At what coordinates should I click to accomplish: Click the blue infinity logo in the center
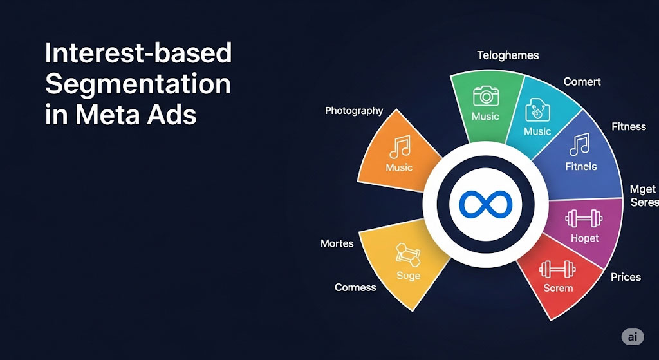485,204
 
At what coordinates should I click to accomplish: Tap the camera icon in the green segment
486,95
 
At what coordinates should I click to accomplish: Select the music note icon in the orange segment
399,147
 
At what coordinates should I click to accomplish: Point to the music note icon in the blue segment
580,144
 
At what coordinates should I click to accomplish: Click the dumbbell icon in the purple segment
584,219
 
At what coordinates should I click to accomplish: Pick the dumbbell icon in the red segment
558,269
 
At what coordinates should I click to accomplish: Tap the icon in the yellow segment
407,254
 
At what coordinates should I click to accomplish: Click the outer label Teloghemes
508,55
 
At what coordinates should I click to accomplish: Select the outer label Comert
582,82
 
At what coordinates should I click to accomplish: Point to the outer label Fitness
629,126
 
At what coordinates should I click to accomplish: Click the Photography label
354,111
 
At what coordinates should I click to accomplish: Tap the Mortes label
337,243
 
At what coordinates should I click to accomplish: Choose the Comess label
355,288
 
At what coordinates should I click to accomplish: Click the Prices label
626,277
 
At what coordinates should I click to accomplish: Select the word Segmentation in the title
138,84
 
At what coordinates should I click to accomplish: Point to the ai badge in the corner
633,337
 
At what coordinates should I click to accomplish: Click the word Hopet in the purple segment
584,238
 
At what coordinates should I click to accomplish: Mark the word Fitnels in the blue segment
581,167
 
